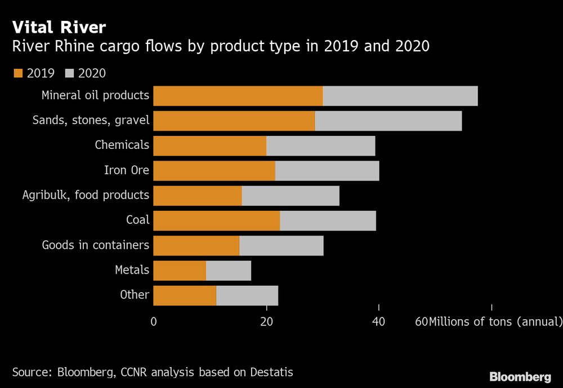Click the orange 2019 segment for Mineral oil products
(238, 96)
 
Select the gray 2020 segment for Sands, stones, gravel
(388, 121)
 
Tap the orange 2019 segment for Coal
(216, 221)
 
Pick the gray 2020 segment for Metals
(229, 271)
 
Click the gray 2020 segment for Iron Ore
(327, 171)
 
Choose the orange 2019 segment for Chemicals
(209, 145)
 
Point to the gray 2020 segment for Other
(247, 296)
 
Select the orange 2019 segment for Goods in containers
(196, 246)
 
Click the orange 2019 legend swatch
(17, 73)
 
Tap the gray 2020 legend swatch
(70, 73)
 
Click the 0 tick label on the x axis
(154, 322)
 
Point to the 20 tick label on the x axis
(266, 322)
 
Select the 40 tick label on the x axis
(379, 322)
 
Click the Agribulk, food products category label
(86, 195)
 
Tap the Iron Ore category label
(127, 170)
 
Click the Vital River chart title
(59, 27)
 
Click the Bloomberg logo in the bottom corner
(520, 377)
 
